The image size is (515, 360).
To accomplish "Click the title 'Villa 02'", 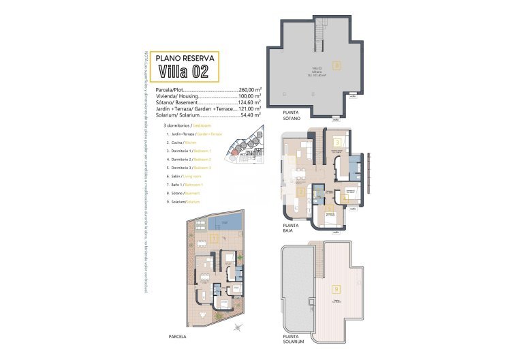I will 179,70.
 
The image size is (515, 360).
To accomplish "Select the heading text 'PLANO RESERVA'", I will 179,57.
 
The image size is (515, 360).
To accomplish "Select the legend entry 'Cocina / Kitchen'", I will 187,142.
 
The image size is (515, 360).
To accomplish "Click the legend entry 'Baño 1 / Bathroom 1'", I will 191,184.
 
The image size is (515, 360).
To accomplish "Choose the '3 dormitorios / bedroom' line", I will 188,126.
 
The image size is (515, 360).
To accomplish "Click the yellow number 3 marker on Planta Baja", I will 337,142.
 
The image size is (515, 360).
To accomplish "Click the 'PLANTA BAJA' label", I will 291,227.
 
